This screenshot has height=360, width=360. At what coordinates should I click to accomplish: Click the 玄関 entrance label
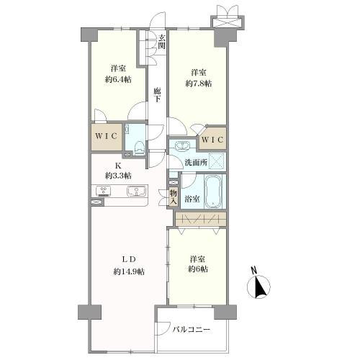point(162,42)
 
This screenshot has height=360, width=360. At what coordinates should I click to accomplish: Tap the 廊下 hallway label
point(157,95)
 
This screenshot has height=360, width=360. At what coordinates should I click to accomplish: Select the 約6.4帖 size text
point(118,79)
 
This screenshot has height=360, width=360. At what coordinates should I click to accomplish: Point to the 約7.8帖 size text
point(199,84)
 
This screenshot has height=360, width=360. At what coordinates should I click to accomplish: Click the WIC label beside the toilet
point(106,136)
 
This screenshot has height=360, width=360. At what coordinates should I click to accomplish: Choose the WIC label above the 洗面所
point(212,140)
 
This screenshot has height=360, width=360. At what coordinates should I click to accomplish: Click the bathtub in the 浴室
point(213,192)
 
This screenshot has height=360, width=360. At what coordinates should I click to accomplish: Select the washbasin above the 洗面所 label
point(182,146)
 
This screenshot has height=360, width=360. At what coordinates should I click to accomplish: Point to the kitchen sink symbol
point(137,192)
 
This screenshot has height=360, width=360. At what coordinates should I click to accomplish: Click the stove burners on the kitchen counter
point(104,192)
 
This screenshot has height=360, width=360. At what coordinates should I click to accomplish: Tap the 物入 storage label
point(174,197)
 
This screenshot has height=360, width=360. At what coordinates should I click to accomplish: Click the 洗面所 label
point(196,163)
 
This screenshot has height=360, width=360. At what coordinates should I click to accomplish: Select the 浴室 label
point(192,199)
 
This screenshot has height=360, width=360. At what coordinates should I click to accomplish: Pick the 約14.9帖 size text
point(129,271)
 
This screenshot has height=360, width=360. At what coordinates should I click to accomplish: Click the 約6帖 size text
point(198,269)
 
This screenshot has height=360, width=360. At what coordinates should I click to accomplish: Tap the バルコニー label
point(192,330)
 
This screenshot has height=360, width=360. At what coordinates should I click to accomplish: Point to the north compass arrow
point(261,287)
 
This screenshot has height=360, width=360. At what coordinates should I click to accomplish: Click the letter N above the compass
point(254,270)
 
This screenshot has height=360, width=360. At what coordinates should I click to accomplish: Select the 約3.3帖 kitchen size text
point(118,176)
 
